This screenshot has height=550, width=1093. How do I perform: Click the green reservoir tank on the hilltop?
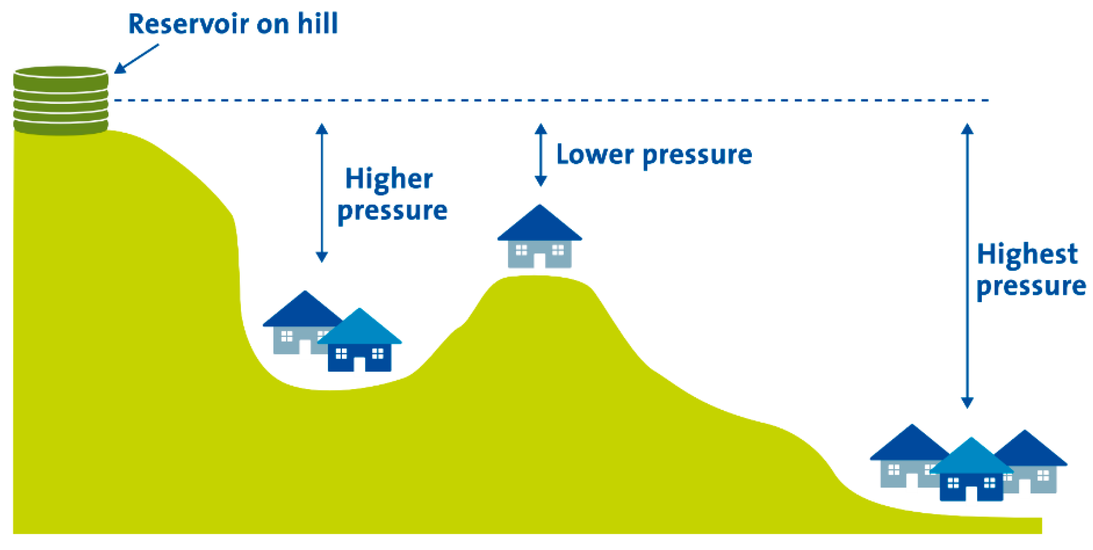tap(60, 100)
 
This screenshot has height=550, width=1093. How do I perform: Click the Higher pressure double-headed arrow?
tap(321, 192)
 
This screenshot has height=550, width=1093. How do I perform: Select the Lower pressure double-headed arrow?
tap(540, 155)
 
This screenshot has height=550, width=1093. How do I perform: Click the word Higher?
tap(389, 179)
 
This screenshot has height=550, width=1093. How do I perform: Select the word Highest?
tap(1027, 254)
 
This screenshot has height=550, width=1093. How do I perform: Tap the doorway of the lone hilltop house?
tap(539, 260)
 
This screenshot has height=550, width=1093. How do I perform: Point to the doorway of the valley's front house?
tap(359, 364)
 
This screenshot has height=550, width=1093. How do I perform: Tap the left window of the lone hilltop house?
tap(521, 250)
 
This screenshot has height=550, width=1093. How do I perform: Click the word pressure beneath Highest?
tap(1031, 286)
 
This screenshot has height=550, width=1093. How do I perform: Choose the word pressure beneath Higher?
tap(392, 211)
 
